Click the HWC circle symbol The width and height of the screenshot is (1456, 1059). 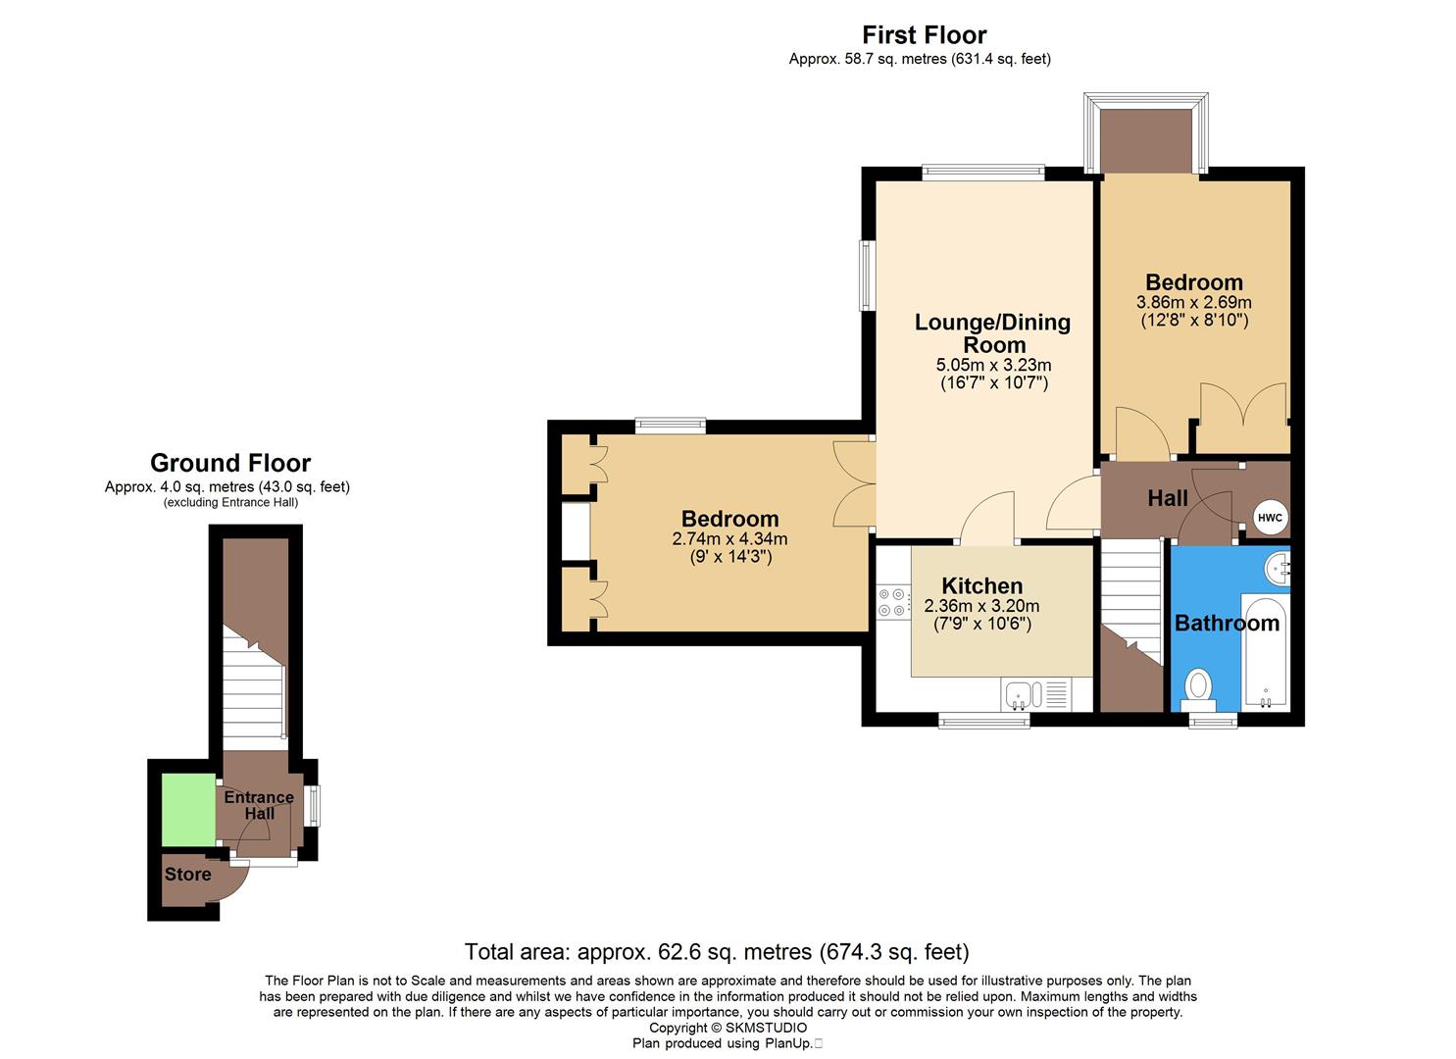pos(1270,518)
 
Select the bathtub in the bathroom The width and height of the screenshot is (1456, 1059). pos(1266,652)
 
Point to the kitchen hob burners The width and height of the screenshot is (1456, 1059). pos(893,602)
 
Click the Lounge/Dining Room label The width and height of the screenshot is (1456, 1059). pos(992,333)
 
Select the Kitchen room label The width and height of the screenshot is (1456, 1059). pos(981,586)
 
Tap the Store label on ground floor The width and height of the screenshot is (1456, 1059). pos(187,875)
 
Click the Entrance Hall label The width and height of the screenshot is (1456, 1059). pos(259,805)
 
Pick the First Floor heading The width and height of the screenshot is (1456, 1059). pos(925,35)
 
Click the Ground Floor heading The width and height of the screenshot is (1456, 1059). pos(230,463)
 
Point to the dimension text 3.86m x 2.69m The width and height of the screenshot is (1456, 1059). pos(1193,303)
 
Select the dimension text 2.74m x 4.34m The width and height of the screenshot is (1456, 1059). pos(729,538)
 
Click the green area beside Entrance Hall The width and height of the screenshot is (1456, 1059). pos(188,809)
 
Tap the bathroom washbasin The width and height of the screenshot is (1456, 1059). pos(1278,568)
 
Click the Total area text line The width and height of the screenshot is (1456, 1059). pos(716,951)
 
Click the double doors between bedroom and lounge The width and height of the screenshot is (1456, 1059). pos(852,485)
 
